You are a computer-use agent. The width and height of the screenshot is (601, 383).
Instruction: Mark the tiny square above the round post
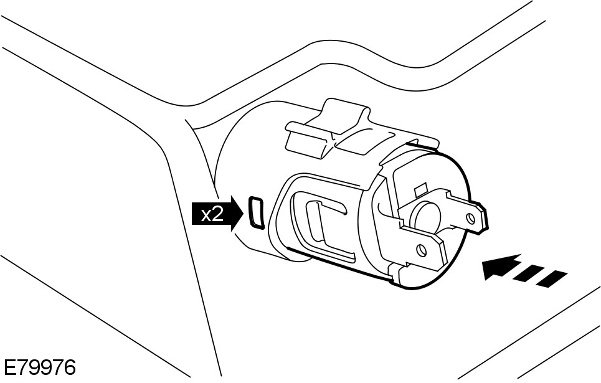click(x=419, y=187)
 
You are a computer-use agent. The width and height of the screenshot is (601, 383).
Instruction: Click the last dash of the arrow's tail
click(x=552, y=280)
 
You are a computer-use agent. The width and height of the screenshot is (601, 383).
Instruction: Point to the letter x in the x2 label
click(x=206, y=216)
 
